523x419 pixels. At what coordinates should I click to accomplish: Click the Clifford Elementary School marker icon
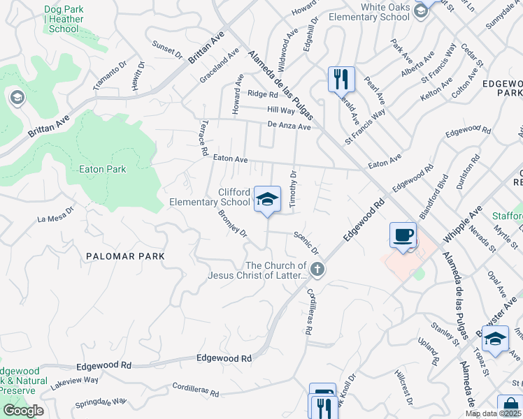pyautogui.click(x=266, y=199)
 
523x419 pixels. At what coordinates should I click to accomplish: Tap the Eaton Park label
pyautogui.click(x=103, y=169)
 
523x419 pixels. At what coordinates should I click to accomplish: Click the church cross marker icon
pyautogui.click(x=317, y=270)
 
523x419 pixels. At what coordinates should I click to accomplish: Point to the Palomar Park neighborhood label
pyautogui.click(x=126, y=256)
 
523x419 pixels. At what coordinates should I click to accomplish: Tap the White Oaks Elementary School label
pyautogui.click(x=385, y=13)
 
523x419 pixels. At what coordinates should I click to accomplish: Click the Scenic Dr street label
pyautogui.click(x=306, y=243)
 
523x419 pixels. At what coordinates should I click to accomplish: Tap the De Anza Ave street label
pyautogui.click(x=288, y=126)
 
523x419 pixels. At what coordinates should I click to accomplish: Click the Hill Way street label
pyautogui.click(x=281, y=110)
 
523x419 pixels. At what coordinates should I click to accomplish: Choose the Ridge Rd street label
pyautogui.click(x=262, y=94)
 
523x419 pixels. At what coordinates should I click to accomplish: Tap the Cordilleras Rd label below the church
pyautogui.click(x=307, y=311)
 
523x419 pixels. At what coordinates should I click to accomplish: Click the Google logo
pyautogui.click(x=23, y=411)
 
